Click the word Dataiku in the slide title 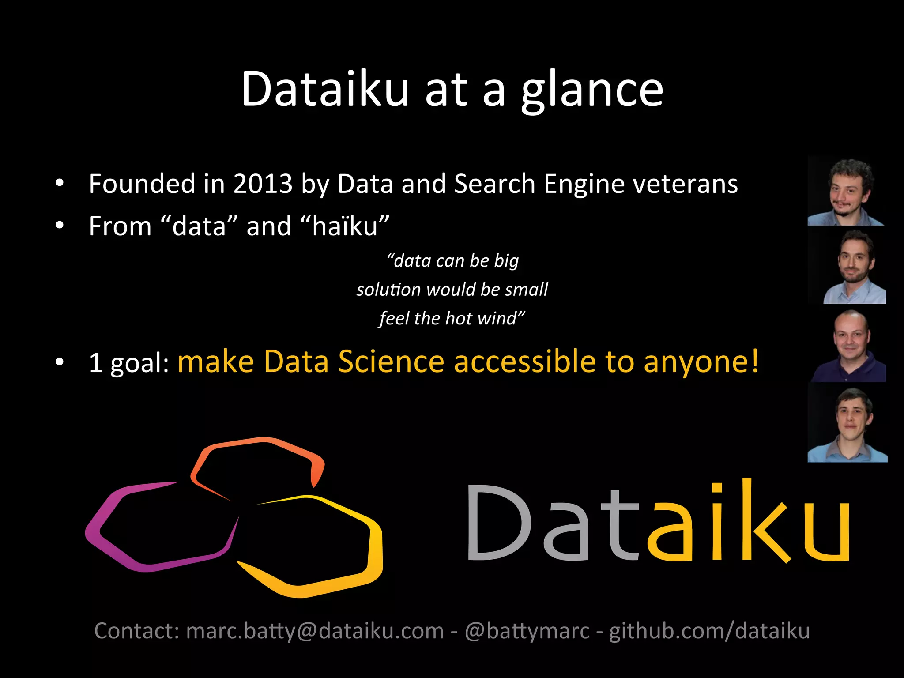[x=325, y=89]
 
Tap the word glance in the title [x=592, y=90]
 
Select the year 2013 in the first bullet [x=263, y=184]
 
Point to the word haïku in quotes [x=345, y=226]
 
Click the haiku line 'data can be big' [x=452, y=261]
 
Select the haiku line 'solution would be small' [x=452, y=290]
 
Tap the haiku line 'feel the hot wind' [x=452, y=318]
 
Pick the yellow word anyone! [x=701, y=362]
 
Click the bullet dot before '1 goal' [x=60, y=362]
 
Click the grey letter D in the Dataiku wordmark [x=499, y=523]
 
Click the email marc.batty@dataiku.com [x=315, y=631]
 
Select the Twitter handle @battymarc [x=527, y=631]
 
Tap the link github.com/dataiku [x=709, y=631]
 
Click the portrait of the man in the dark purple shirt [x=848, y=346]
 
